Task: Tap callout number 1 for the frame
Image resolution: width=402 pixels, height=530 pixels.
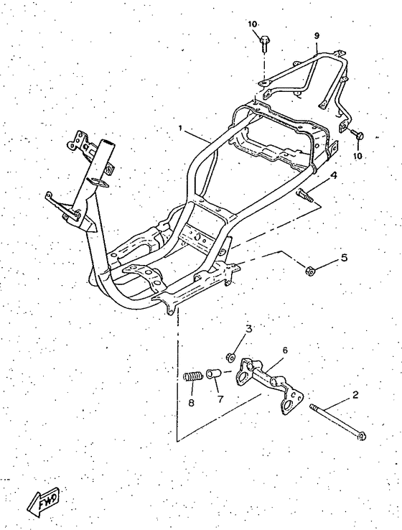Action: [181, 128]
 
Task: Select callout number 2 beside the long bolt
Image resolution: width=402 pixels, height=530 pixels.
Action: [355, 395]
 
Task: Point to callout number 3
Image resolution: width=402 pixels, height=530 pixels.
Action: [249, 329]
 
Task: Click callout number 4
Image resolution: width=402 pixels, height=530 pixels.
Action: [333, 175]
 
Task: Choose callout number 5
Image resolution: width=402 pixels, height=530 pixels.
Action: [344, 258]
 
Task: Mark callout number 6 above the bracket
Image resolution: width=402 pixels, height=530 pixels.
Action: [285, 350]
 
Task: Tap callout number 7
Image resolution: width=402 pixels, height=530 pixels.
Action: [220, 399]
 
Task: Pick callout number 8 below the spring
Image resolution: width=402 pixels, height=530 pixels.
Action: [191, 404]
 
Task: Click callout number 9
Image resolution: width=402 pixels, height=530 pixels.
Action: [317, 35]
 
